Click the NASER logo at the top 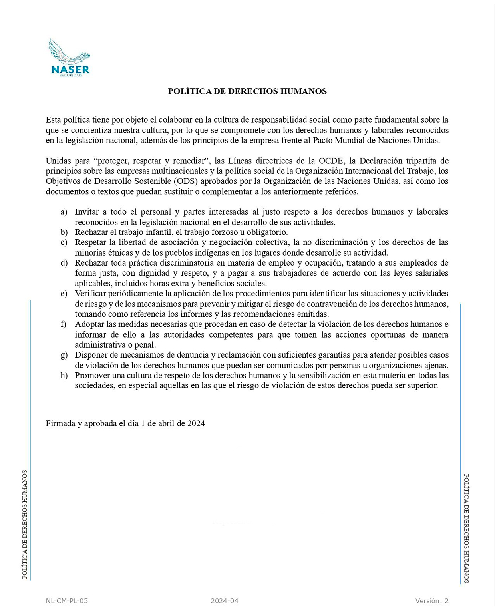click(x=70, y=58)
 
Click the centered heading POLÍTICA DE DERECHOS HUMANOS click(x=247, y=91)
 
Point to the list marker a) click(x=64, y=212)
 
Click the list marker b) click(x=64, y=232)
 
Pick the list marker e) click(x=64, y=294)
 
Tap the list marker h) click(x=64, y=376)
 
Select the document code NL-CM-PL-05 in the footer click(x=67, y=601)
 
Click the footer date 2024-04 click(x=225, y=601)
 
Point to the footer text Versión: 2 click(x=431, y=601)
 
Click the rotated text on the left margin click(x=25, y=525)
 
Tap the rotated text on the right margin click(x=466, y=529)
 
